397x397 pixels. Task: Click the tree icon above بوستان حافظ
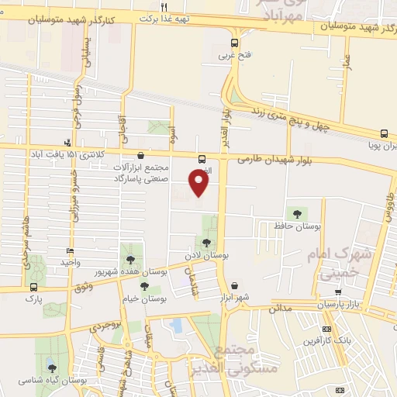296,212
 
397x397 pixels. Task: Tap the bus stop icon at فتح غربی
235,43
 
